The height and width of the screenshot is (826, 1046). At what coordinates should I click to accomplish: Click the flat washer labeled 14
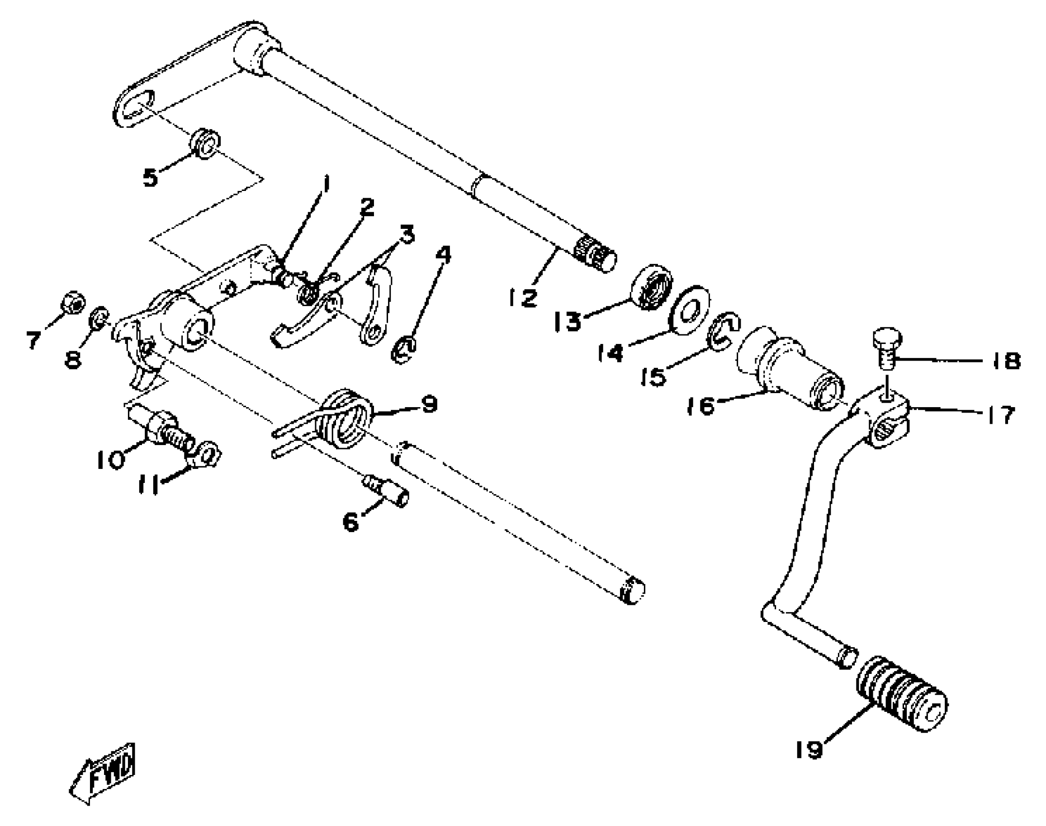pos(690,310)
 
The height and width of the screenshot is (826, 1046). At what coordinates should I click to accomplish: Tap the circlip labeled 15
pos(723,331)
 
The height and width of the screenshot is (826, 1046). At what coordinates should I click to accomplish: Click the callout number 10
pos(111,460)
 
